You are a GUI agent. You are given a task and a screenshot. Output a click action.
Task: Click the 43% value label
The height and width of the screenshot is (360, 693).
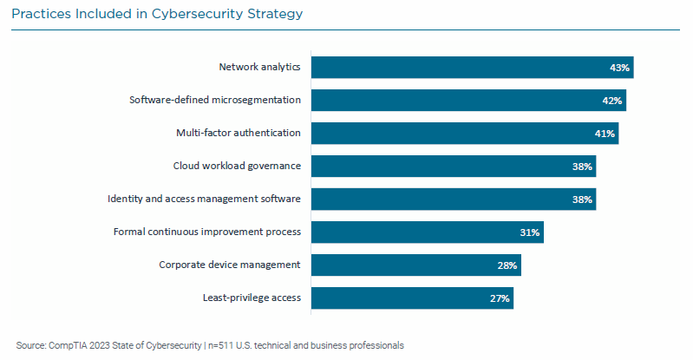(620, 68)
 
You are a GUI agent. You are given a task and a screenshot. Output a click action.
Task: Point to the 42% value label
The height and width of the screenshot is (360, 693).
(612, 101)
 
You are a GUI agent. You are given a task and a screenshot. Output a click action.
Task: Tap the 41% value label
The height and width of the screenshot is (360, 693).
(605, 134)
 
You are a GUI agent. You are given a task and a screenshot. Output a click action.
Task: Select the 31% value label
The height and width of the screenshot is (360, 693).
(530, 232)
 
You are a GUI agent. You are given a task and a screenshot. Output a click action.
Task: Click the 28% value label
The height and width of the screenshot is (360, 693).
(507, 265)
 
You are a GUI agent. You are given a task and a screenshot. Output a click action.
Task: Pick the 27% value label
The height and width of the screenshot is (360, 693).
(500, 298)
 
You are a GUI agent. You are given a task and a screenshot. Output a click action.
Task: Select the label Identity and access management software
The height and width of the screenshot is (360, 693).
(204, 199)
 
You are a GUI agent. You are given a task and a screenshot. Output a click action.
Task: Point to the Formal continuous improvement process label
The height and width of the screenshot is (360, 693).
(207, 232)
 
